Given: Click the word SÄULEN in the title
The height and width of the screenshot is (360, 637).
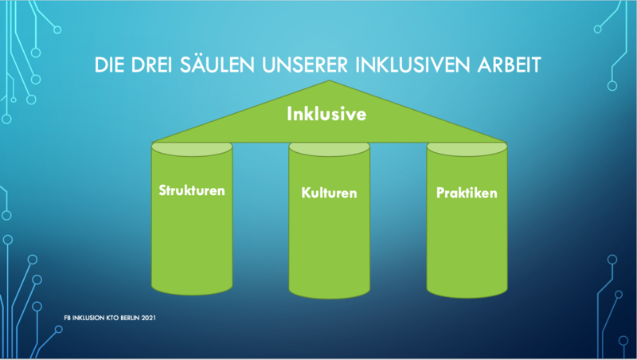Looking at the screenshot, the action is click(x=217, y=65).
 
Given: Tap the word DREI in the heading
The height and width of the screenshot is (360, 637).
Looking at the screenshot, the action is click(x=152, y=65).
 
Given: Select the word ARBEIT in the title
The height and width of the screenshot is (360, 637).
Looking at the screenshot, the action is click(x=509, y=65).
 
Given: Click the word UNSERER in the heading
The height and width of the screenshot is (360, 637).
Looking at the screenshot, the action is click(x=305, y=65).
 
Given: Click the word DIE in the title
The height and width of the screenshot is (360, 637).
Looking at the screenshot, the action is click(x=109, y=65).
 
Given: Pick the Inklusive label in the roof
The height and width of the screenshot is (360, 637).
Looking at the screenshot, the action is click(x=326, y=114).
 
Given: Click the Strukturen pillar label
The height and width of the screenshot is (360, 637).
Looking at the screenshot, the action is click(x=192, y=190).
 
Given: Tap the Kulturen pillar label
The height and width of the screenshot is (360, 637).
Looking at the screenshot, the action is click(x=329, y=193).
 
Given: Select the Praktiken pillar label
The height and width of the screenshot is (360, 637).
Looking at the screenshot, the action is click(x=467, y=193).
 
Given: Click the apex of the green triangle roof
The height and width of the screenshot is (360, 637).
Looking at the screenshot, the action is click(x=329, y=80).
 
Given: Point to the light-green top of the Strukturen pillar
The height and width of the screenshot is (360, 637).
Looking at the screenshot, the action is click(x=192, y=149).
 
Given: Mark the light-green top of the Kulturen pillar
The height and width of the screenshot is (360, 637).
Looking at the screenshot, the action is click(x=329, y=149).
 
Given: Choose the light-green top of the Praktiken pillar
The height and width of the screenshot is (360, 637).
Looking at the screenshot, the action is click(x=467, y=149).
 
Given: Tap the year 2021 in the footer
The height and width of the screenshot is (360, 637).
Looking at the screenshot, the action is click(x=148, y=318).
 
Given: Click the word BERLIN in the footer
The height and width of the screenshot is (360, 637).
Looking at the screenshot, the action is click(x=129, y=318).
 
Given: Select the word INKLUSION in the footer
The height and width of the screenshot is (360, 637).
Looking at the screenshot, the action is click(x=88, y=318).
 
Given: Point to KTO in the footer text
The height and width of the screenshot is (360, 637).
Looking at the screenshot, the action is click(x=112, y=318).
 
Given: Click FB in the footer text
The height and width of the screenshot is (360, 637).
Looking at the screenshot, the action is click(x=67, y=318).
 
